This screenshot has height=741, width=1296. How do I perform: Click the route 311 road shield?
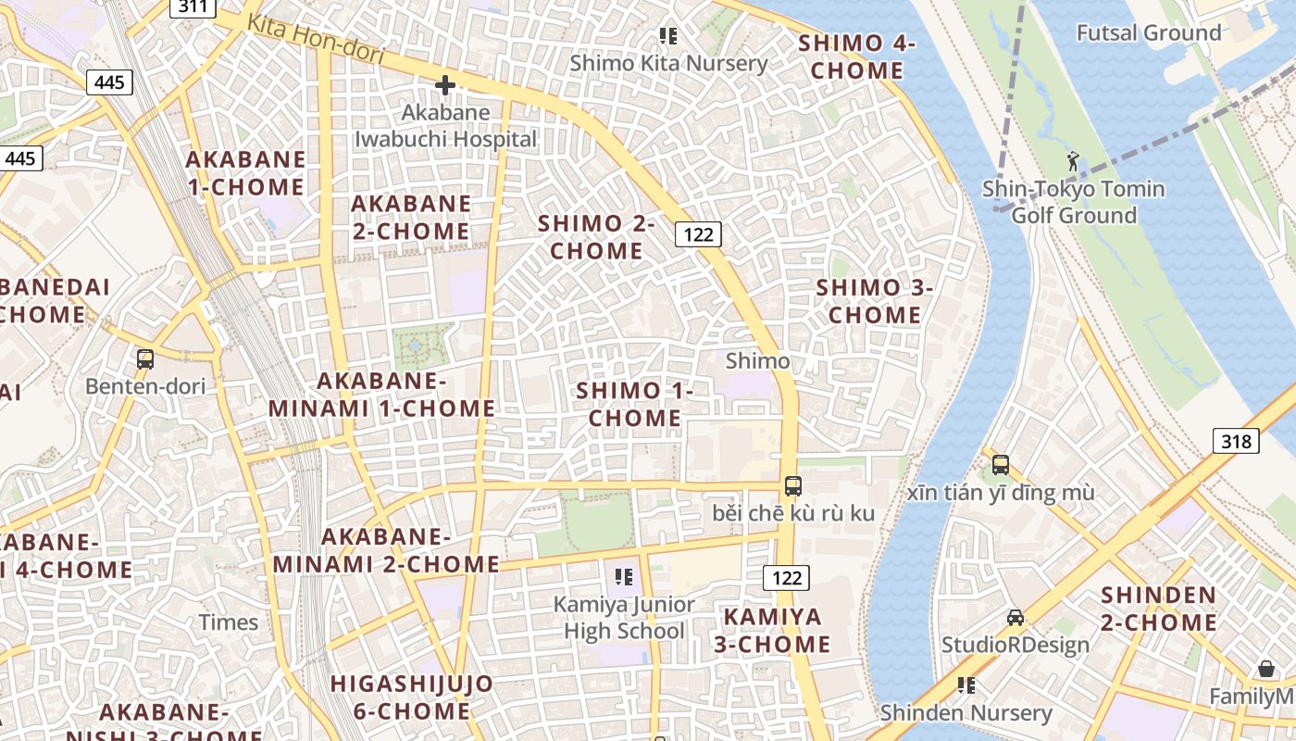click(193, 7)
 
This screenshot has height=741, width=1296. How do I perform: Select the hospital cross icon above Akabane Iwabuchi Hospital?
click(445, 85)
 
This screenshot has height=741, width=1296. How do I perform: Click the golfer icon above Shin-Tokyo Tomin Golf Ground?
click(1073, 161)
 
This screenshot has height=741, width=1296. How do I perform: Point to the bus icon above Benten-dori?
click(145, 359)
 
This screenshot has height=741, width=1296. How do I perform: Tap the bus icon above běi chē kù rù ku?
click(793, 485)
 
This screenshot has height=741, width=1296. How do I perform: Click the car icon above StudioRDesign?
click(1016, 618)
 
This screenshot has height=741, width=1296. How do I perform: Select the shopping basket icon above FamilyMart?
click(1266, 669)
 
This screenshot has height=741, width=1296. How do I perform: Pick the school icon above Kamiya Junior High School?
click(624, 578)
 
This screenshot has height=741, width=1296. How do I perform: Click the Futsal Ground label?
click(1148, 33)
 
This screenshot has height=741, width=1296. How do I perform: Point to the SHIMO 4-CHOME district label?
click(856, 57)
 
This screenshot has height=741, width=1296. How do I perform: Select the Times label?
click(229, 622)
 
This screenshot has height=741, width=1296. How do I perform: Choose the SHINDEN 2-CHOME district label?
click(1158, 609)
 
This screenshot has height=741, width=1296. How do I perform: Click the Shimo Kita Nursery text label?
click(668, 63)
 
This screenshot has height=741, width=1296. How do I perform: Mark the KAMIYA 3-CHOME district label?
click(772, 630)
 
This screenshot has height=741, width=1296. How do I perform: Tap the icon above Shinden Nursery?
click(966, 685)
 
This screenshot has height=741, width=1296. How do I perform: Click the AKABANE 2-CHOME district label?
click(411, 217)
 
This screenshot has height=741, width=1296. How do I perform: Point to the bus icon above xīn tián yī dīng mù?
click(1001, 465)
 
